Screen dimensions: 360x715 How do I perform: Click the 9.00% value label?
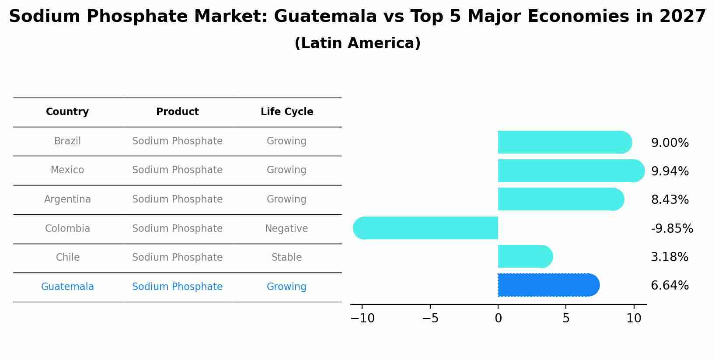click(670, 143)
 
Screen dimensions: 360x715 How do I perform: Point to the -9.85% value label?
click(672, 228)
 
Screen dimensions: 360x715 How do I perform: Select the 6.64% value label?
click(670, 286)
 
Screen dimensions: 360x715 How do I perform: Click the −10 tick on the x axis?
click(363, 318)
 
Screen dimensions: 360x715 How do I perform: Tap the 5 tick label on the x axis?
click(566, 318)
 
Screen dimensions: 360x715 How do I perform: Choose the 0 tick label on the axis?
click(498, 318)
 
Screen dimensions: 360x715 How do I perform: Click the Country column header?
click(67, 112)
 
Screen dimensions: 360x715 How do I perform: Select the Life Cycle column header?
click(287, 112)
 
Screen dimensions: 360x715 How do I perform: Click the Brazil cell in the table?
click(67, 141)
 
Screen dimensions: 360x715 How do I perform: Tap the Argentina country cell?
click(67, 199)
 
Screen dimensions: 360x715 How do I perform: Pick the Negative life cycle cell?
click(286, 228)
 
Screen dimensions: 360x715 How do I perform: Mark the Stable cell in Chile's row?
click(286, 257)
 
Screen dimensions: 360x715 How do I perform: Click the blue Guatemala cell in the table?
click(67, 287)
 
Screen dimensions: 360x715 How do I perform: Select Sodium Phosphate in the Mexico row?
click(177, 170)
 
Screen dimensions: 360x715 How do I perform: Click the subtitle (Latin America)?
click(357, 43)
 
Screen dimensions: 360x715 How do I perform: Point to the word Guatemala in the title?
click(325, 17)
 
